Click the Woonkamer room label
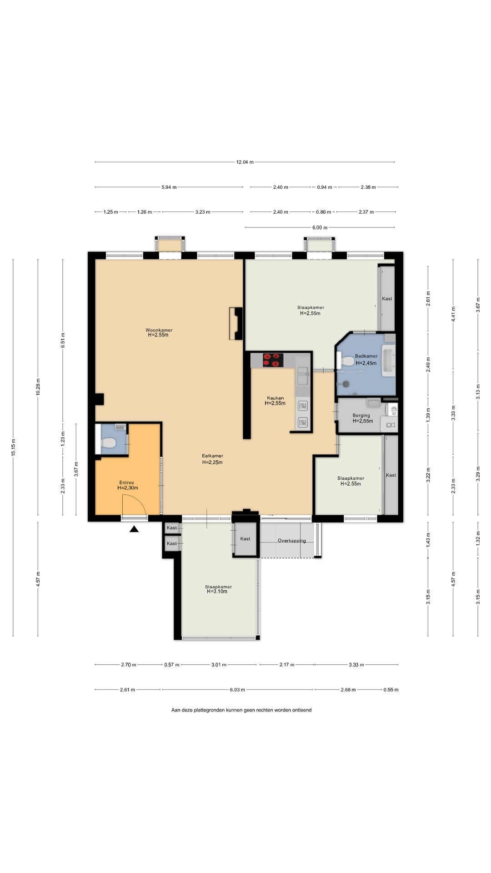[159, 330]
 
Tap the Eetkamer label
[212, 456]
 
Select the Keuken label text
[275, 398]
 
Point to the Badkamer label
[366, 356]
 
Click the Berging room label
[361, 416]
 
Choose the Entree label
[127, 483]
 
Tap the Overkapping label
[292, 541]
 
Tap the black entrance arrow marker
[134, 529]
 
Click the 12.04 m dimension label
[245, 162]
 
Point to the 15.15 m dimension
[13, 447]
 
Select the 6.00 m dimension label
[320, 227]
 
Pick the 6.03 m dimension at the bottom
[237, 690]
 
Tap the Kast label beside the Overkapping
[245, 539]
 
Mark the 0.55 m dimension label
[391, 690]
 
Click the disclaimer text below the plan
[241, 710]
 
